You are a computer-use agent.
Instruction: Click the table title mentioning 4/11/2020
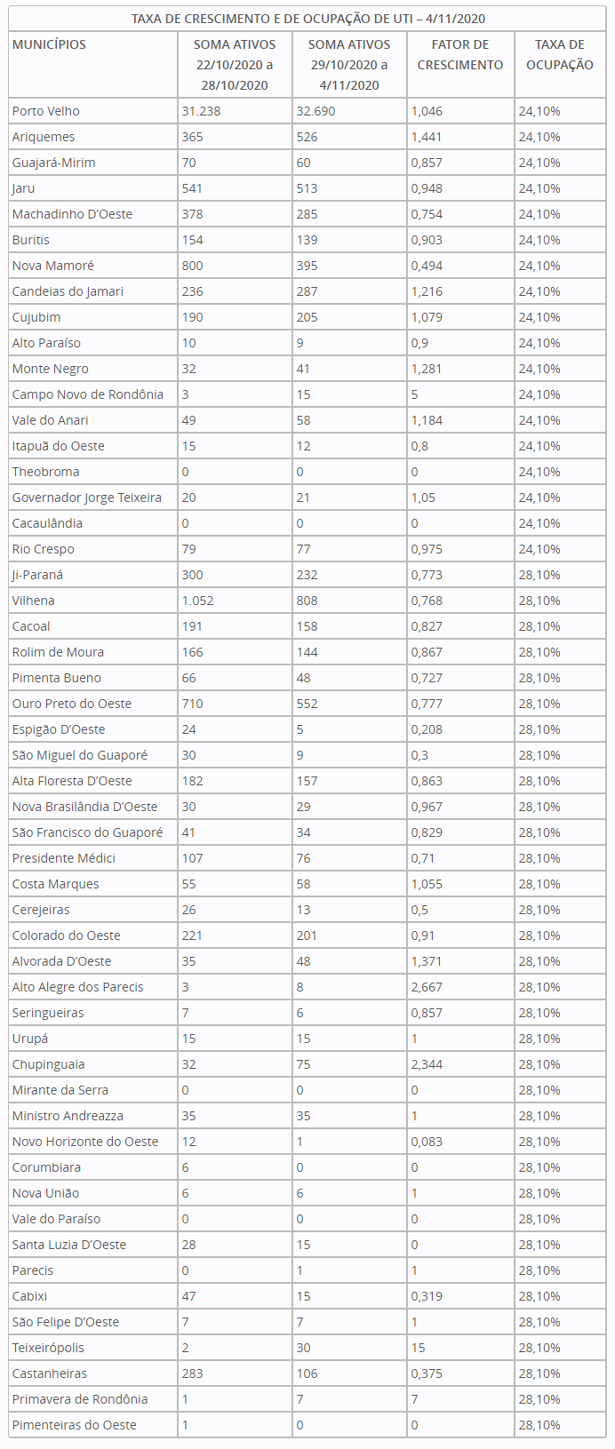click(x=308, y=19)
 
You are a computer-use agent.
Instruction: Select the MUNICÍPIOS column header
click(x=49, y=44)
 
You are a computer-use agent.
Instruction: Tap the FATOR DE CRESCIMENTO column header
click(x=460, y=55)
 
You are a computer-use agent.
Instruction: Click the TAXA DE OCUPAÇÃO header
click(x=559, y=55)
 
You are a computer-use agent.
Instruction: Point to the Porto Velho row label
click(x=46, y=111)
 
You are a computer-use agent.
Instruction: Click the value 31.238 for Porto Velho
click(x=202, y=111)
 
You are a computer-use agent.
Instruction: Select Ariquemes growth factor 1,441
click(x=427, y=137)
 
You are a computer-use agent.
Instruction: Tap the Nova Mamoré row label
click(x=53, y=266)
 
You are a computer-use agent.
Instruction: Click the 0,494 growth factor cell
click(x=427, y=266)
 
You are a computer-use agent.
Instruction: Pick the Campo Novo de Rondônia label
click(x=88, y=394)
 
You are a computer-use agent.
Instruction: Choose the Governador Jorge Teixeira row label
click(x=87, y=498)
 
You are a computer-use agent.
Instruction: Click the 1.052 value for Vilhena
click(x=197, y=601)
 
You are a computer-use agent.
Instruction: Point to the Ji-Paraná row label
click(x=37, y=575)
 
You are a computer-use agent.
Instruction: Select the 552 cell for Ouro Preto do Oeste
click(x=307, y=704)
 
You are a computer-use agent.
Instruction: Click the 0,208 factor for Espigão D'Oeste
click(x=427, y=729)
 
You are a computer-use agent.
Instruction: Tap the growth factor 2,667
click(x=427, y=987)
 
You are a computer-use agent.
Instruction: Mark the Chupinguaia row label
click(x=49, y=1064)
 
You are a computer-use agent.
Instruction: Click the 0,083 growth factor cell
click(x=427, y=1142)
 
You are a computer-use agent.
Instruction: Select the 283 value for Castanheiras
click(x=192, y=1373)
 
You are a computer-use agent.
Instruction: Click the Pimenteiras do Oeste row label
click(x=75, y=1425)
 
